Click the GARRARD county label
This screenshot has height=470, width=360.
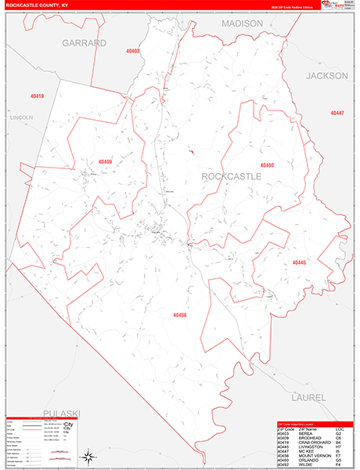point(84,43)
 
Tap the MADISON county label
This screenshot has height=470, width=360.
point(242,24)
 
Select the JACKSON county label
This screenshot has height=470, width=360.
point(327,76)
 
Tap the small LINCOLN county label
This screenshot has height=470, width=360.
point(20,117)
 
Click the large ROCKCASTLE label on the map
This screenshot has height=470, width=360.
point(232,177)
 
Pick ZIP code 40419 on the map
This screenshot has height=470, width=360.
point(36,96)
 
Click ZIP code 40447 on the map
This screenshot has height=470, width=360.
point(337,114)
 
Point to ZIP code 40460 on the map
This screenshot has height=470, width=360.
point(266,165)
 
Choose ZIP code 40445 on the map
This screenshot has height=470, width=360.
point(300,262)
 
